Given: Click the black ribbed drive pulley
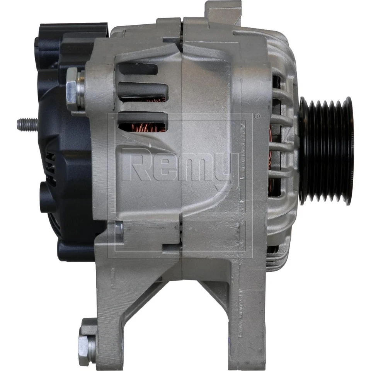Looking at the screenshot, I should [x=327, y=151].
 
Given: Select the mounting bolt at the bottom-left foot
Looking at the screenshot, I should [x=87, y=342].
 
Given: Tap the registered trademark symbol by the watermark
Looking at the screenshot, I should [x=257, y=116].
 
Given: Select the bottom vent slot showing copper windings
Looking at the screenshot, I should [x=142, y=123].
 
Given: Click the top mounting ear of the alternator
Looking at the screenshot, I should [x=223, y=12].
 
